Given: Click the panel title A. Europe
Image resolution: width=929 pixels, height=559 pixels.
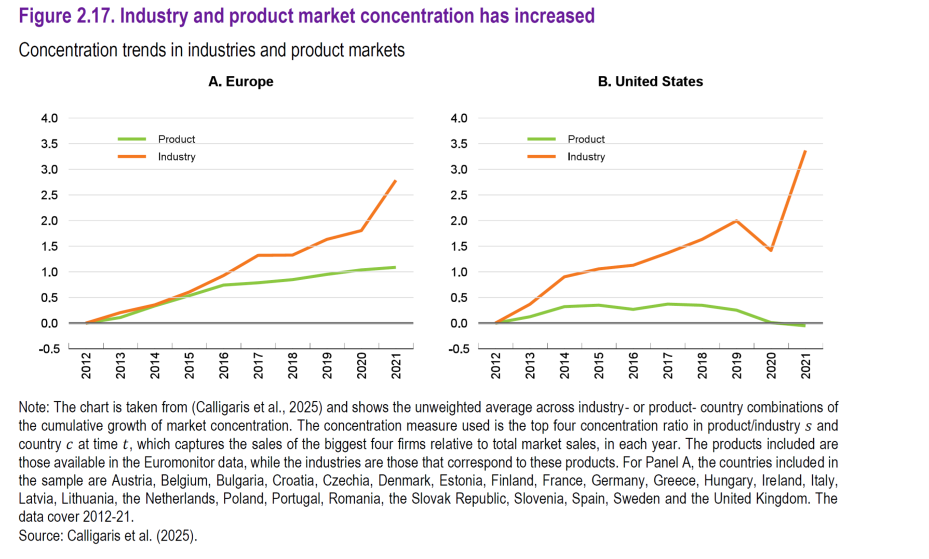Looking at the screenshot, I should coord(240,81).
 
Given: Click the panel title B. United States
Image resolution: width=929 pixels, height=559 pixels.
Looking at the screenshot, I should coord(650,81).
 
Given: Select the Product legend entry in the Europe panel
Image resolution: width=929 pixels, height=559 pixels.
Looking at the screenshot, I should coord(176,139).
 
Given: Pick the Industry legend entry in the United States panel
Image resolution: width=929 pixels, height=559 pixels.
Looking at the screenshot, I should coord(586,157).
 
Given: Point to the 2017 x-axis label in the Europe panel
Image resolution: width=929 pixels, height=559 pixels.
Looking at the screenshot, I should coord(258,365).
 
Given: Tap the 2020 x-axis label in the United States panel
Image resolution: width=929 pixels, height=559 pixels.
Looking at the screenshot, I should coord(771,365).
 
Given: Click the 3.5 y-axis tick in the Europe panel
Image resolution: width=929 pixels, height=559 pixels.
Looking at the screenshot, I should coord(49,144).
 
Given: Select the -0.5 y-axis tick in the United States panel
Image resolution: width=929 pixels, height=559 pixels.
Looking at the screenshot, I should coord(459,349).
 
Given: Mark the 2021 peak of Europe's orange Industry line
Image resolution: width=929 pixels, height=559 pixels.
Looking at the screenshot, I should coord(396,181).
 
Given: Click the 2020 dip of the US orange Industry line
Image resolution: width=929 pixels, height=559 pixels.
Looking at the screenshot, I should coord(771,250).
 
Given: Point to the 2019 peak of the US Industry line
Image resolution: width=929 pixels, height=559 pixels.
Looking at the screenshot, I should coord(736,221).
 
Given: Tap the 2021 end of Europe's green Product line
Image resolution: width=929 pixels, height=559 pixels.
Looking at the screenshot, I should coord(395,267).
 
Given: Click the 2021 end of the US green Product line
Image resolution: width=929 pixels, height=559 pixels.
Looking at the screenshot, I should coord(805,325).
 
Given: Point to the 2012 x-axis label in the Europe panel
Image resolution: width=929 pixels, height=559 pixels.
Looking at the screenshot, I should coord(86,365).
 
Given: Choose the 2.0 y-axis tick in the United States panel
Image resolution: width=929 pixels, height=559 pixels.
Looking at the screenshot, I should coord(459,221).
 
